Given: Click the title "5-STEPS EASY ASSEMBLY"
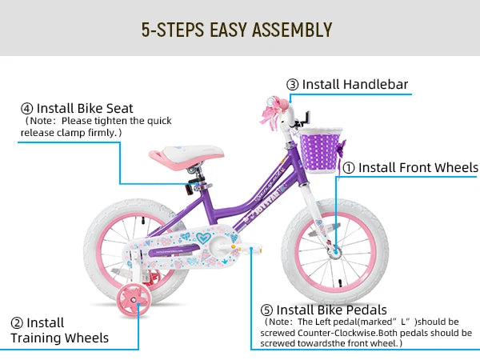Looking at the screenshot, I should click(x=236, y=30).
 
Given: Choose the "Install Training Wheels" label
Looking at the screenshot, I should click(x=59, y=330).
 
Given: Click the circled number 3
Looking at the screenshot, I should click(x=293, y=84).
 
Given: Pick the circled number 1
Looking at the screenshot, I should click(x=348, y=168).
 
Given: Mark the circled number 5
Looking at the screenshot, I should click(x=266, y=310).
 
